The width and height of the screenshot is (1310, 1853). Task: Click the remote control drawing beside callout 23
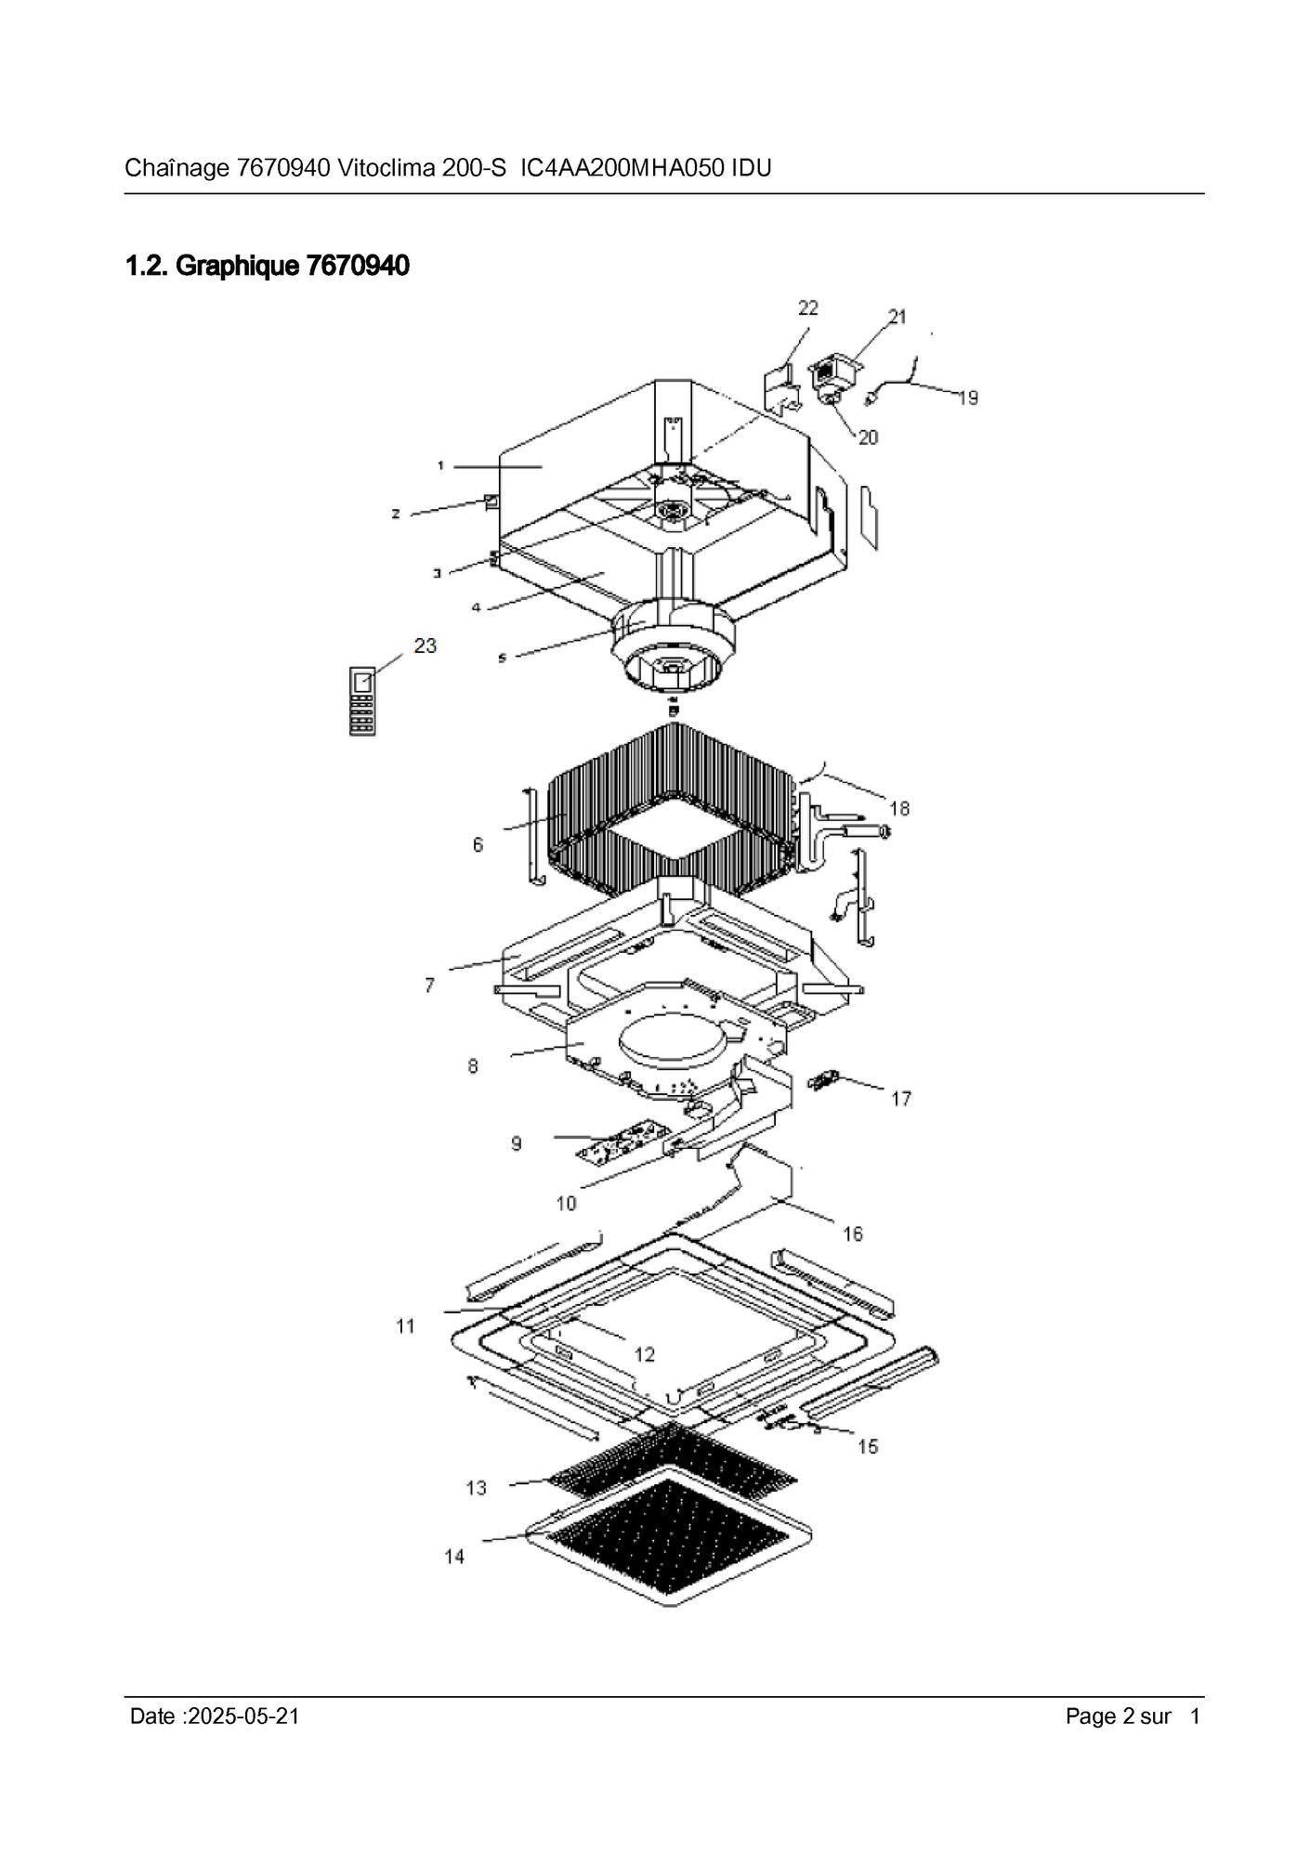click(x=362, y=701)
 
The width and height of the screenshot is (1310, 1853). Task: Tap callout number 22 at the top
click(x=807, y=307)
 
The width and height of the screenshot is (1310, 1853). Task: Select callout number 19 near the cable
click(x=967, y=398)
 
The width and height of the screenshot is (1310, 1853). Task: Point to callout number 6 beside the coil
click(x=478, y=844)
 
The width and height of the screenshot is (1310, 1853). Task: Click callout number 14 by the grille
click(x=454, y=1556)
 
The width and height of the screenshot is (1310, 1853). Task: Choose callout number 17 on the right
click(x=901, y=1099)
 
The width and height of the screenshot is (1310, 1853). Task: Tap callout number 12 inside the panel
click(x=644, y=1354)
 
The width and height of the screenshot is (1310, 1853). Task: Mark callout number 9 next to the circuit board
click(x=517, y=1143)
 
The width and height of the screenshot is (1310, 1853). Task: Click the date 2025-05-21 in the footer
click(x=243, y=1716)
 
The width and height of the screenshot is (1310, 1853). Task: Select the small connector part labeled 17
click(x=823, y=1081)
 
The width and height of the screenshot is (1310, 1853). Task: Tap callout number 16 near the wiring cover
click(x=852, y=1233)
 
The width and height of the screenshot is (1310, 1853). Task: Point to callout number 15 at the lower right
click(x=867, y=1446)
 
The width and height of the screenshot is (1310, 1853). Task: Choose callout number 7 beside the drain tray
click(x=429, y=985)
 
